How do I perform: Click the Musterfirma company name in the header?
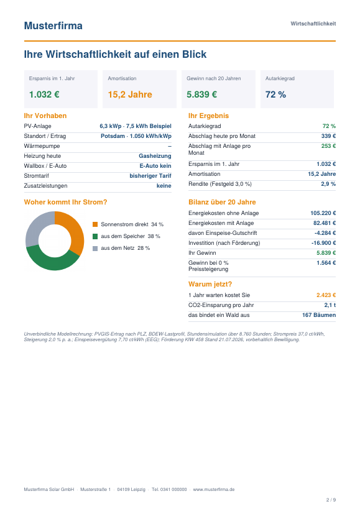coord(53,25)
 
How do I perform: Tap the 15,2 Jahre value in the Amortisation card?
coord(130,94)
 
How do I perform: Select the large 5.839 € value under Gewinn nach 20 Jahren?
coord(201,94)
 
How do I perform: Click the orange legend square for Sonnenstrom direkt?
coord(95,224)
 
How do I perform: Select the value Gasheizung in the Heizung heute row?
coord(155,156)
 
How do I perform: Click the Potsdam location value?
coord(113,136)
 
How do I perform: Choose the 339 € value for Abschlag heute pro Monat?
coord(328,136)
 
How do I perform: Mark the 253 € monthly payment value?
coord(328,146)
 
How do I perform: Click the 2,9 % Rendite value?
coord(328,184)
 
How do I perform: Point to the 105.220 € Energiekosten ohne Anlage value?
coord(323,213)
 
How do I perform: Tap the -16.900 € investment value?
coord(324,243)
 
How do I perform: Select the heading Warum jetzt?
coord(210,284)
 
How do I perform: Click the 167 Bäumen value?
coord(319,315)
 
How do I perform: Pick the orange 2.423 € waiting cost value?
coord(326,295)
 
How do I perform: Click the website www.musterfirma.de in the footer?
coord(214,489)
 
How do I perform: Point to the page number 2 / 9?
coord(331,500)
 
